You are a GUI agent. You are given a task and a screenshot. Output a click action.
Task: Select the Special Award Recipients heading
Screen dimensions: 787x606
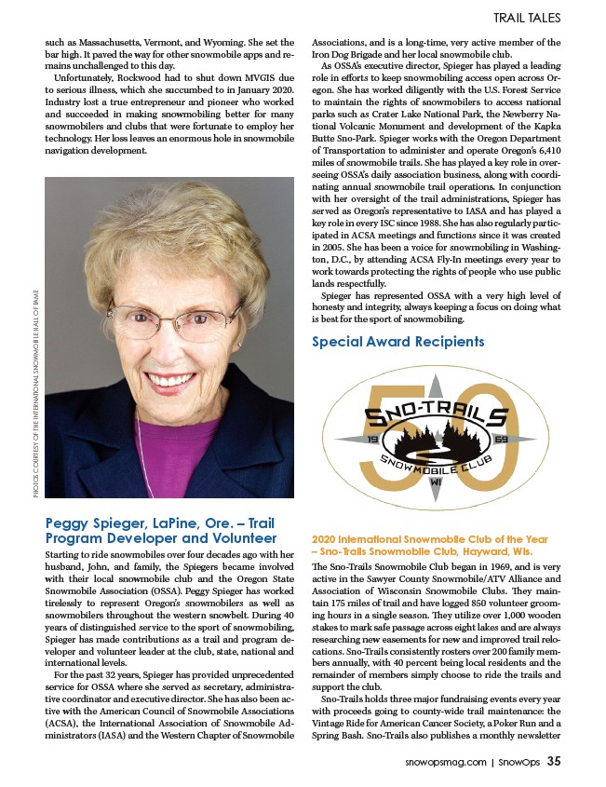pyautogui.click(x=397, y=342)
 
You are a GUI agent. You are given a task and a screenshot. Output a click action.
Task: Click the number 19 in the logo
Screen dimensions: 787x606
pyautogui.click(x=372, y=438)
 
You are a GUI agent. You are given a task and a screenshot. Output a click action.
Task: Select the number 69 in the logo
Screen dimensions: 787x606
pyautogui.click(x=500, y=438)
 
